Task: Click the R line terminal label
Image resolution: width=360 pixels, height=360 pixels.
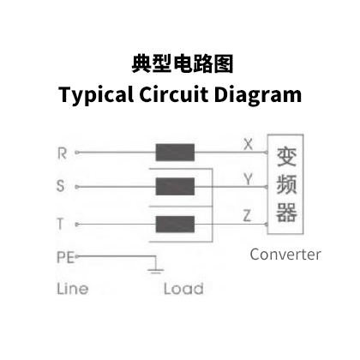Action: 62,153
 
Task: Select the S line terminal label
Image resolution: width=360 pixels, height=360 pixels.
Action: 61,186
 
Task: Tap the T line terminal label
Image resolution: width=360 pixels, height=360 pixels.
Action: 60,224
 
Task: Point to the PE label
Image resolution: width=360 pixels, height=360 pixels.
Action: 66,257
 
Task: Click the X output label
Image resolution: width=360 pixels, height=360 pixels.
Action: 249,144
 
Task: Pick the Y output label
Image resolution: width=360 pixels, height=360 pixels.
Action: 248,179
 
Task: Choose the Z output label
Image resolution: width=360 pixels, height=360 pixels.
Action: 247,216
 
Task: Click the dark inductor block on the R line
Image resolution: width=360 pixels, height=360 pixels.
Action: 175,153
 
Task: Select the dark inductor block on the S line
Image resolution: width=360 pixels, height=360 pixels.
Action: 175,187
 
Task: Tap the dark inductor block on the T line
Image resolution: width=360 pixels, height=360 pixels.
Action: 175,225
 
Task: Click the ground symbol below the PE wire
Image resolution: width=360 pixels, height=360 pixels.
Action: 156,271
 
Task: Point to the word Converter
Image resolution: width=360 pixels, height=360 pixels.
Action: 285,255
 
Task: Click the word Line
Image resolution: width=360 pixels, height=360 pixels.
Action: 73,289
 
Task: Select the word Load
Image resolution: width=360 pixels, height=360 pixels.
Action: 183,289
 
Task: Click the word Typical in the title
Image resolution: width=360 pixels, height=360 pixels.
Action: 96,95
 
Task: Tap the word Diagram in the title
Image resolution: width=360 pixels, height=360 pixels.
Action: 258,95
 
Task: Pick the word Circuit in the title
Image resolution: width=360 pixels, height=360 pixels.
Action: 174,94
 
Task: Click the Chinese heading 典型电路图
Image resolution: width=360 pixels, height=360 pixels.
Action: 183,64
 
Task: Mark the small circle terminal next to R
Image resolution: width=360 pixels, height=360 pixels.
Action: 76,153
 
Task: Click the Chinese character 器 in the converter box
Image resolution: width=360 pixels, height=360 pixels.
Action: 286,213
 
